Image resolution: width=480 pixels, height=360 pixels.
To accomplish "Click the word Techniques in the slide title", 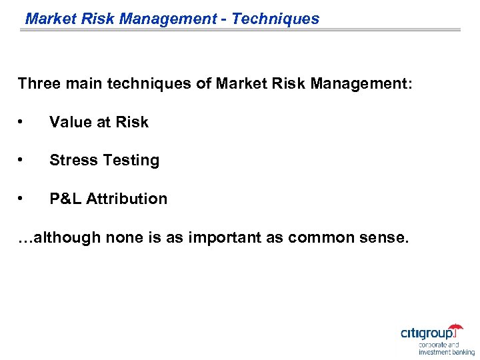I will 275,19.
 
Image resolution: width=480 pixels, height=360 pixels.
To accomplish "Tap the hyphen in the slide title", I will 224,19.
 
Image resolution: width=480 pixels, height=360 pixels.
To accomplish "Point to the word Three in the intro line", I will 39,84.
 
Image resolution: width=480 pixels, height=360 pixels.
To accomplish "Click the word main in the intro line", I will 83,84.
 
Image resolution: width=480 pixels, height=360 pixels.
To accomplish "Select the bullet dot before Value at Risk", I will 22,122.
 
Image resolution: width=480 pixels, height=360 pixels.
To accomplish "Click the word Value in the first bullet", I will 69,122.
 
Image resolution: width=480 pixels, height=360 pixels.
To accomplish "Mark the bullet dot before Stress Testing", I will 22,160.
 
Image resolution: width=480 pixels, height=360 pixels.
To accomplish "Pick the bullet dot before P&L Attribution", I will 22,199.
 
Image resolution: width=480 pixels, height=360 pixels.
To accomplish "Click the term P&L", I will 65,199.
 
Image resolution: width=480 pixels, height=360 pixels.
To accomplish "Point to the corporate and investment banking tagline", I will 446,349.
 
